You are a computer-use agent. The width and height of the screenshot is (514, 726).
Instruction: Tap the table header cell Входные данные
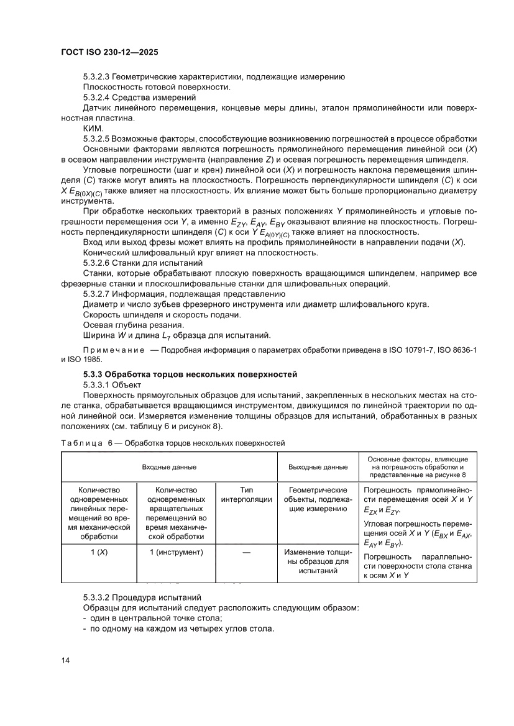tap(169, 466)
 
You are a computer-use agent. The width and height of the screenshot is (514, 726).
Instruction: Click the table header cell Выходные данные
tap(318, 466)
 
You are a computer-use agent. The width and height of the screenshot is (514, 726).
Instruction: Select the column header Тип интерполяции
tap(246, 494)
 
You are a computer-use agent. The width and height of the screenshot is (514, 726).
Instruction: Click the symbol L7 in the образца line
tap(166, 337)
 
